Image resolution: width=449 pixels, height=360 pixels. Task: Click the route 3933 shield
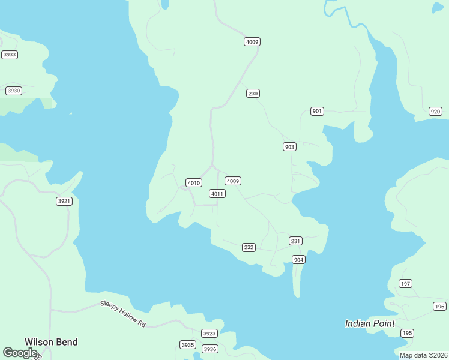tap(10, 55)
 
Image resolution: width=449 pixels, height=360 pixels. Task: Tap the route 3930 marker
tap(13, 91)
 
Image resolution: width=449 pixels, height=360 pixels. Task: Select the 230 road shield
tap(253, 94)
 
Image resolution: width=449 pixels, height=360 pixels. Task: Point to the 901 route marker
tap(318, 111)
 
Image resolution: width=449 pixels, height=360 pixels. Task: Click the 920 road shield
tap(436, 112)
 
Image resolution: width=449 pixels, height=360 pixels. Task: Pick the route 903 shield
tap(289, 147)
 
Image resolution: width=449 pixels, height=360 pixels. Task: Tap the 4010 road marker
tap(193, 183)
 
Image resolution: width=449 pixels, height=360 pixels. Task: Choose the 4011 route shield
tap(217, 194)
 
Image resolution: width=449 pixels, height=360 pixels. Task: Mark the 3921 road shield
tap(64, 201)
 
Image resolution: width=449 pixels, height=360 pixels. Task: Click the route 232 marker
tap(249, 247)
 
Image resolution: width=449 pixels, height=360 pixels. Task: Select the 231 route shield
tap(295, 241)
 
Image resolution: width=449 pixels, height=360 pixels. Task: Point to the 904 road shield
tap(298, 260)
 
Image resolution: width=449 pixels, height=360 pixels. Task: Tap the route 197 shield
tap(406, 284)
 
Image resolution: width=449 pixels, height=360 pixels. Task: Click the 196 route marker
tap(439, 307)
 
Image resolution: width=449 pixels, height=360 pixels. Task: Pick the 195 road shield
tap(408, 333)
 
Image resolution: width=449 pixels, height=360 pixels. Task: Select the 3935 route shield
tap(188, 345)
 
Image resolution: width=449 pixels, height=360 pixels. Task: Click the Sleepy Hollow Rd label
tap(123, 314)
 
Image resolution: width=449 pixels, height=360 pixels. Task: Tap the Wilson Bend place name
tap(51, 342)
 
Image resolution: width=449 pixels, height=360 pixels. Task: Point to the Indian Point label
tap(370, 323)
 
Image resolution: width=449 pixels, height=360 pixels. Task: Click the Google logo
tap(20, 353)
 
